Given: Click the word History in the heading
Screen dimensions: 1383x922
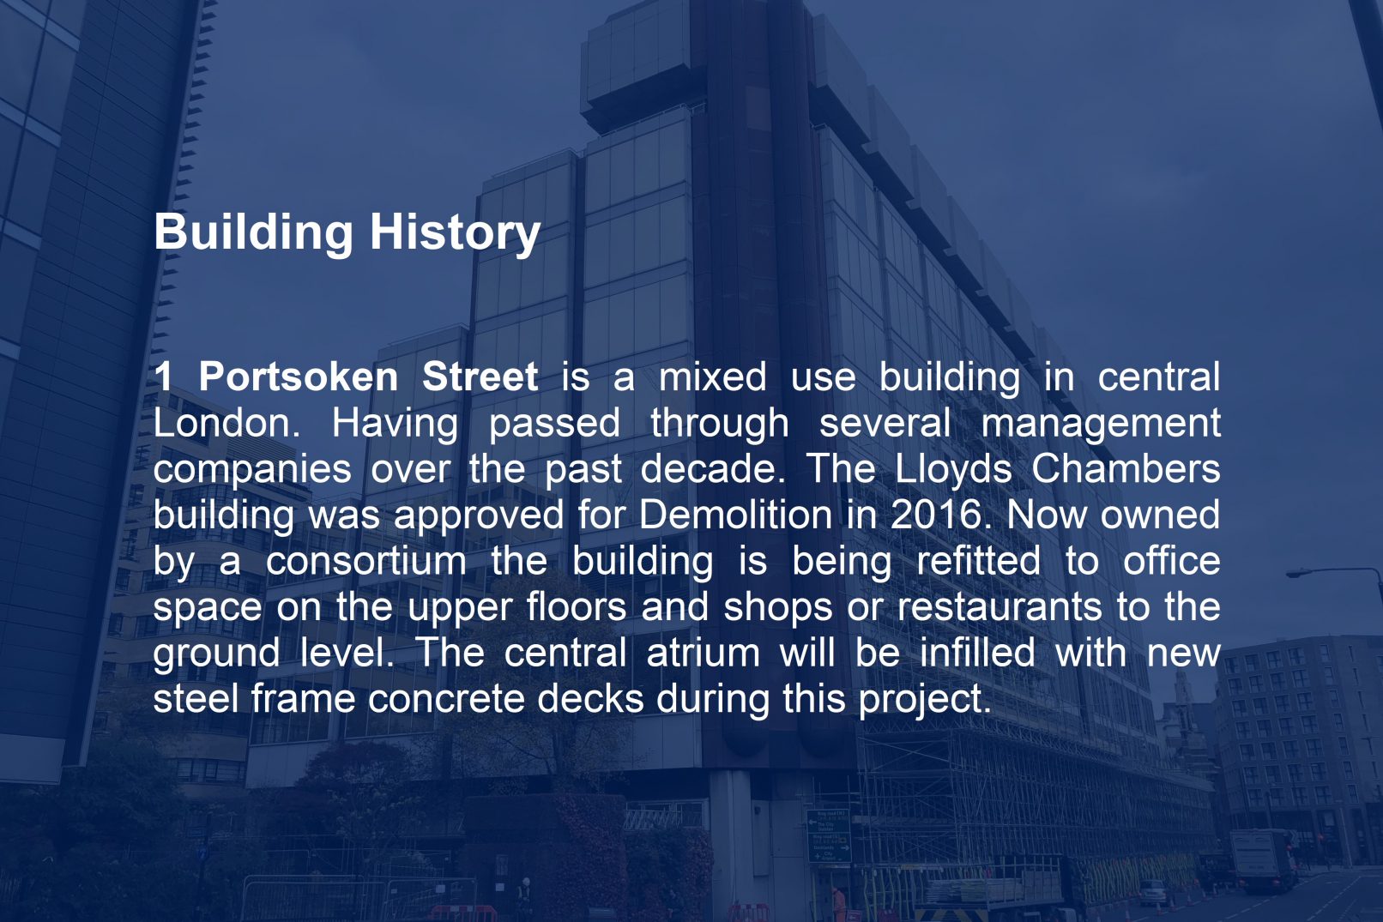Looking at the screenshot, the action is [x=455, y=233].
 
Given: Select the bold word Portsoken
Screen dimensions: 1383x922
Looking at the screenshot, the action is [x=299, y=377].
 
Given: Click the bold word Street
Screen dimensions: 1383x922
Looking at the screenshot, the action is [x=480, y=377].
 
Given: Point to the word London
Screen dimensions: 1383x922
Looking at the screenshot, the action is [x=226, y=423].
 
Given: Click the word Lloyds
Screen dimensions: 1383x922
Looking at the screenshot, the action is [x=953, y=470].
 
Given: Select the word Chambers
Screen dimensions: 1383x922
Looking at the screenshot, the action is [x=1126, y=469].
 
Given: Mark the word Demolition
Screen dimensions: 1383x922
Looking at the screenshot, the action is [x=735, y=515].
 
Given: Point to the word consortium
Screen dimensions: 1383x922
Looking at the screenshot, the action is [x=366, y=561].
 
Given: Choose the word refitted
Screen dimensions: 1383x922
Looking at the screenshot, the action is [x=978, y=561].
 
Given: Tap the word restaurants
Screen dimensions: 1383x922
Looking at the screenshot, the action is [x=1000, y=607].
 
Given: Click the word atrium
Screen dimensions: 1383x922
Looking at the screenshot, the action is [x=704, y=653].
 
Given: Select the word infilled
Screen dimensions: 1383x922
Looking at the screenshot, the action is [x=977, y=653].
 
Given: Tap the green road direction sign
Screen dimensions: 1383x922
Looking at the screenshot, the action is [x=829, y=836].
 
